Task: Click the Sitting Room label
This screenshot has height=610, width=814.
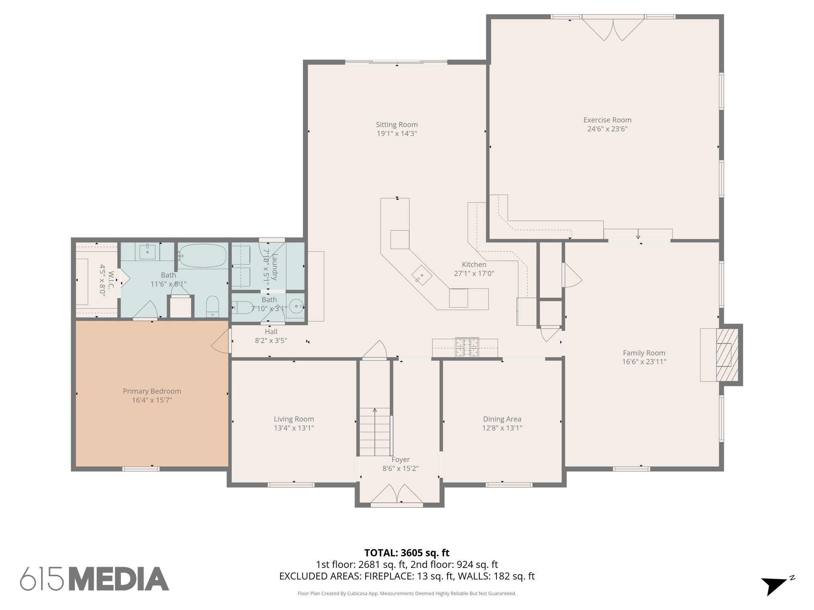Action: pyautogui.click(x=397, y=125)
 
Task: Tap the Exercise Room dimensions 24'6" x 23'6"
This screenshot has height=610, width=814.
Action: pyautogui.click(x=607, y=129)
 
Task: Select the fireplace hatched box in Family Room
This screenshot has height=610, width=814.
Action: pyautogui.click(x=727, y=355)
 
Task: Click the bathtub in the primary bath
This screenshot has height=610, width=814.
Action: pyautogui.click(x=202, y=255)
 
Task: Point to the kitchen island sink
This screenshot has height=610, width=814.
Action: pyautogui.click(x=421, y=276)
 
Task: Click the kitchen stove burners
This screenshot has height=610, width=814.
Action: pyautogui.click(x=467, y=347)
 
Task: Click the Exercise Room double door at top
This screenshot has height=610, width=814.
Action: pyautogui.click(x=612, y=29)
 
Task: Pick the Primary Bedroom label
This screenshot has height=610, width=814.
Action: pyautogui.click(x=152, y=391)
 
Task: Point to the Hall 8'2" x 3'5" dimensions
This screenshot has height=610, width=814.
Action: pyautogui.click(x=271, y=341)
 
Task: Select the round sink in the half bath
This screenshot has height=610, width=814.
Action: pyautogui.click(x=296, y=307)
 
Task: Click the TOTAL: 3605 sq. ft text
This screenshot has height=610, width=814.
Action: pyautogui.click(x=407, y=553)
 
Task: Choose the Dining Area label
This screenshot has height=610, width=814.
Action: pyautogui.click(x=502, y=419)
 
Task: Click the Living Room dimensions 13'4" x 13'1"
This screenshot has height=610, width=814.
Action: pyautogui.click(x=294, y=428)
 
